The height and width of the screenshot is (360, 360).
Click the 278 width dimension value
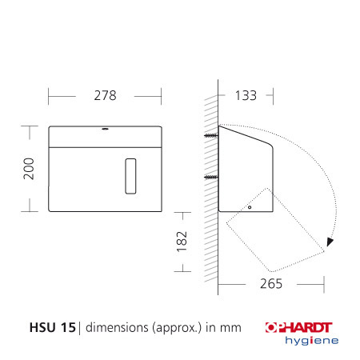[104, 95]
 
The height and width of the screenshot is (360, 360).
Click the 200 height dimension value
[29, 167]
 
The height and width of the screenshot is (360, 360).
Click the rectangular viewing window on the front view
[132, 174]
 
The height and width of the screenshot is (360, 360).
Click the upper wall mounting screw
[210, 137]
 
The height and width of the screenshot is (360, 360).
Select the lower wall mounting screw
[210, 176]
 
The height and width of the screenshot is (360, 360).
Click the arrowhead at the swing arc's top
[222, 126]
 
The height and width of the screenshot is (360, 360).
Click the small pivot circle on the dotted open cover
[250, 207]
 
